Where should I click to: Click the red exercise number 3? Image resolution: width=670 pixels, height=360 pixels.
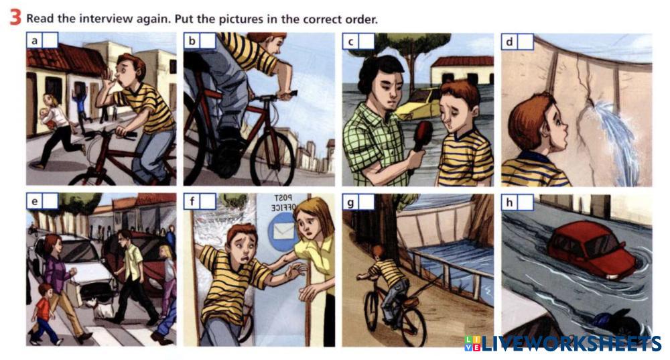[x=15, y=18]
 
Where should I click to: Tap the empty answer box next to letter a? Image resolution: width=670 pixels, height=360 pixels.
[x=50, y=41]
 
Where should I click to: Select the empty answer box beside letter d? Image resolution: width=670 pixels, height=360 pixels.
[x=525, y=42]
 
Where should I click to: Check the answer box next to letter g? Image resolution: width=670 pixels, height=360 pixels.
[x=366, y=202]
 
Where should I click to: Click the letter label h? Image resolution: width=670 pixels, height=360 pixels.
[x=509, y=202]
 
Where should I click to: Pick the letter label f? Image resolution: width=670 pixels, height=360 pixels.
[x=192, y=201]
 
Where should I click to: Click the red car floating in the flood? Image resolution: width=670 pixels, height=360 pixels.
[x=592, y=249]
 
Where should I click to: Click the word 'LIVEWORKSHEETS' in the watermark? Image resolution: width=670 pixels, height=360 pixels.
[x=570, y=343]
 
